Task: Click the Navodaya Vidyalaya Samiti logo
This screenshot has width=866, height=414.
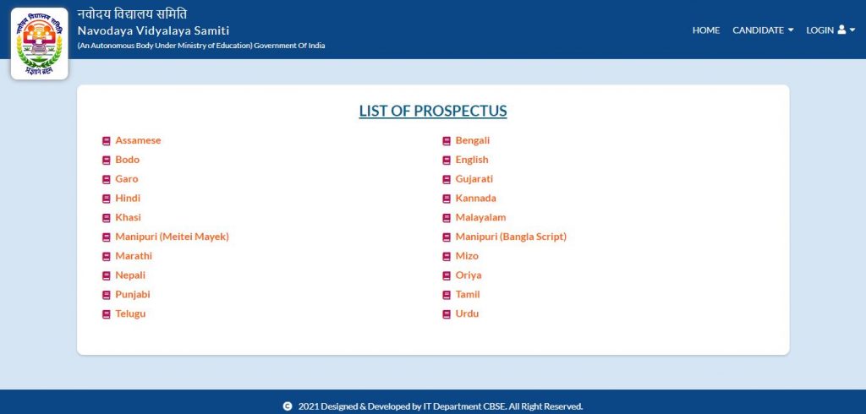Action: point(39,44)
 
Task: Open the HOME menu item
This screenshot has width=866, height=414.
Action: point(706,30)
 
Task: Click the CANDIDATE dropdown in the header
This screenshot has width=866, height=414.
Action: point(763,30)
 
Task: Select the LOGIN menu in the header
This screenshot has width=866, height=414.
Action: point(830,30)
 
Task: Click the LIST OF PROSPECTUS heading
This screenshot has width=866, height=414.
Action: point(433,111)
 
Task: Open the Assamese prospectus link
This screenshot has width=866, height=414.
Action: point(138,140)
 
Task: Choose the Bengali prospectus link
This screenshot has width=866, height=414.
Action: point(472,140)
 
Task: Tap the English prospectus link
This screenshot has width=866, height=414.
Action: point(472,160)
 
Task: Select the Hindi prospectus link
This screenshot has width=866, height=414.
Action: point(128,199)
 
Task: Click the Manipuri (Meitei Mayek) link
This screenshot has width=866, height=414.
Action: point(172,237)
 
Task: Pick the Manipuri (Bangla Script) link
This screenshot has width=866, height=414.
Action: point(511,237)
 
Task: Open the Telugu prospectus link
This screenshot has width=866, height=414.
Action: point(130,313)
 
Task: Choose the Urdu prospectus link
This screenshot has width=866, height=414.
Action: point(467,313)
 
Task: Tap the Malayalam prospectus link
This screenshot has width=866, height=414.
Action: point(480,217)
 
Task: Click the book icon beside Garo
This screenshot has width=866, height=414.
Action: point(107,179)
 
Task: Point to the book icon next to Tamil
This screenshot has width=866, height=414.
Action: point(447,296)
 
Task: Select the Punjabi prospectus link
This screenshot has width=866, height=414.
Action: point(133,295)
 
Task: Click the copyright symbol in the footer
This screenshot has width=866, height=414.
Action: point(288,406)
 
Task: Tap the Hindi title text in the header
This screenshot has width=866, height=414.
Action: point(132,14)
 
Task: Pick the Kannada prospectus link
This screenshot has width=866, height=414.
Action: point(475,199)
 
